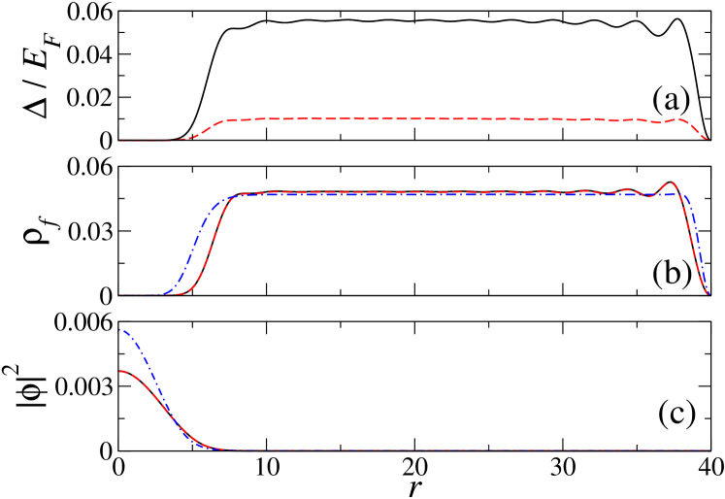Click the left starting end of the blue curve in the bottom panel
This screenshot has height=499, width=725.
point(119,330)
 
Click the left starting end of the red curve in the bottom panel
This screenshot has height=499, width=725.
point(119,372)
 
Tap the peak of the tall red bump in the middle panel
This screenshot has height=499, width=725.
point(670,183)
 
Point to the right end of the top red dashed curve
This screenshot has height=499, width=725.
point(708,140)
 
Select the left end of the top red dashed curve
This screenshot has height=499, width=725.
point(119,141)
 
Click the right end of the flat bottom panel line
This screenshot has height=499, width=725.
point(709,450)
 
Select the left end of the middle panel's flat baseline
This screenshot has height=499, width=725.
point(119,295)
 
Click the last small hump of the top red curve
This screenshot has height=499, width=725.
point(679,119)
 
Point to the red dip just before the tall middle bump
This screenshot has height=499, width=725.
point(648,196)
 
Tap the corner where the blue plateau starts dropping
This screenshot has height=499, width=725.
point(685,197)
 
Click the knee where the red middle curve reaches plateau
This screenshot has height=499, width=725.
point(239,195)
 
